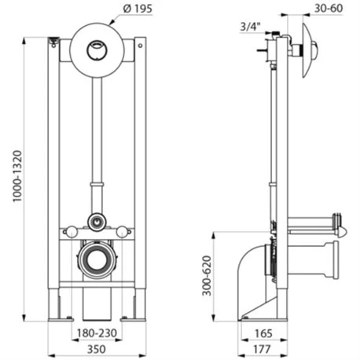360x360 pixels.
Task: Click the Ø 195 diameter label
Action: click(138, 9)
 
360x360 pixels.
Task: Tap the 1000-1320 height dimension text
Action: click(17, 176)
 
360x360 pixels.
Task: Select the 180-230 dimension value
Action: click(97, 333)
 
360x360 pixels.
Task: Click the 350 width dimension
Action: click(97, 349)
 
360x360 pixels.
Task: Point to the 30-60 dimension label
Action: click(329, 9)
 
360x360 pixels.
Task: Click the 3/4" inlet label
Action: click(251, 27)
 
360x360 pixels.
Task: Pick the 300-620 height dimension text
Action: click(207, 276)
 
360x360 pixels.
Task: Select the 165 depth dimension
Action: click(263, 333)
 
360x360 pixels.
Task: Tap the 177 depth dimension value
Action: click(262, 349)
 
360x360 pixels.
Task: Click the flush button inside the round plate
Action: click(97, 50)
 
